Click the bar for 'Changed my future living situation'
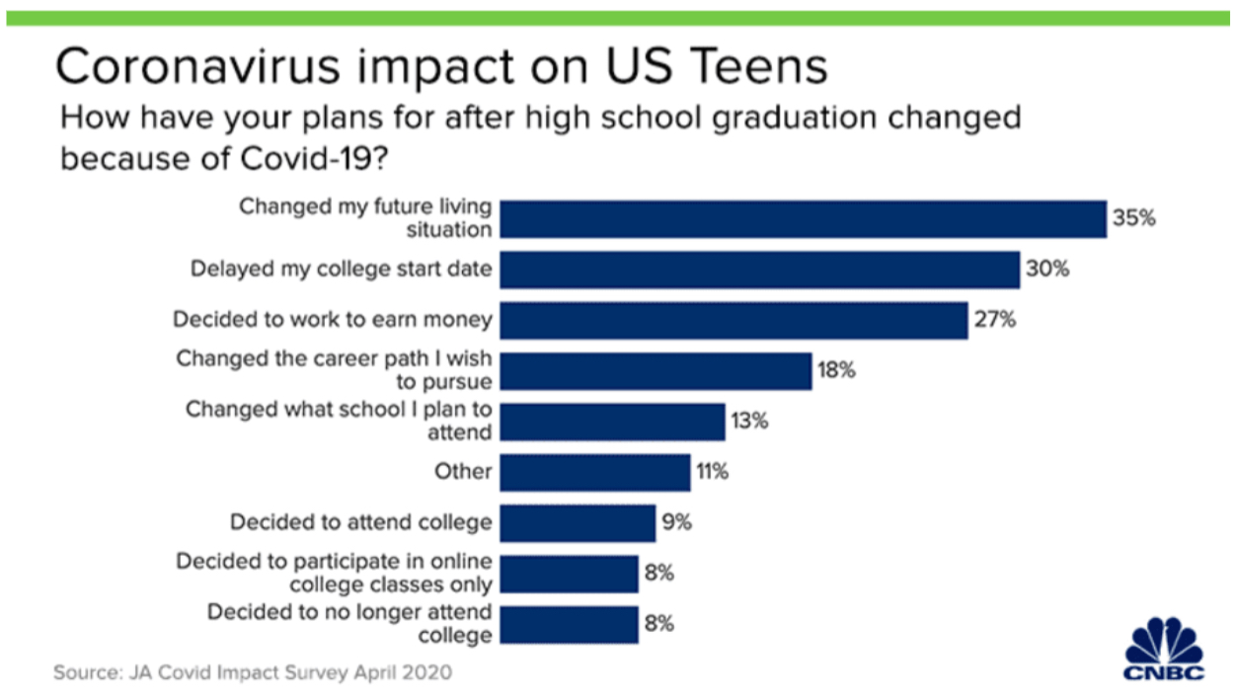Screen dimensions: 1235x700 click(x=804, y=219)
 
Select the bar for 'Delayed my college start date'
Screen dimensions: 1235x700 click(x=760, y=271)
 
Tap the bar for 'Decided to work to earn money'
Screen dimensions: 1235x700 click(x=733, y=321)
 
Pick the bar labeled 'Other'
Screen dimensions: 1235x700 click(x=595, y=472)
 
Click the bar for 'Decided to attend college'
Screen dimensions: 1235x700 click(x=578, y=523)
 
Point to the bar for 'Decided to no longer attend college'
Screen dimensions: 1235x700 click(x=569, y=625)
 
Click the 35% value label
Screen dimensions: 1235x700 click(x=1134, y=218)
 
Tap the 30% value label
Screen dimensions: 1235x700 click(x=1047, y=269)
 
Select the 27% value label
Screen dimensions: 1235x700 click(x=995, y=320)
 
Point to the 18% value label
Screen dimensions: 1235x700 click(x=836, y=370)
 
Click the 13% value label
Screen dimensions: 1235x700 click(x=750, y=422)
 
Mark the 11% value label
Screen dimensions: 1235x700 click(x=713, y=472)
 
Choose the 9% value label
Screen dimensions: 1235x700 click(x=677, y=522)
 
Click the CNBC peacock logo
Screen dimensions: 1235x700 click(x=1164, y=649)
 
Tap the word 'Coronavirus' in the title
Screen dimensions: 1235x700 click(x=197, y=67)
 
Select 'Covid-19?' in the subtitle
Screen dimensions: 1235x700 click(x=314, y=159)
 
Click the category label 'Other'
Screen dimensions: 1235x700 click(x=463, y=472)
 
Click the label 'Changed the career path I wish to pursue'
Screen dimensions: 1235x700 click(x=334, y=370)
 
